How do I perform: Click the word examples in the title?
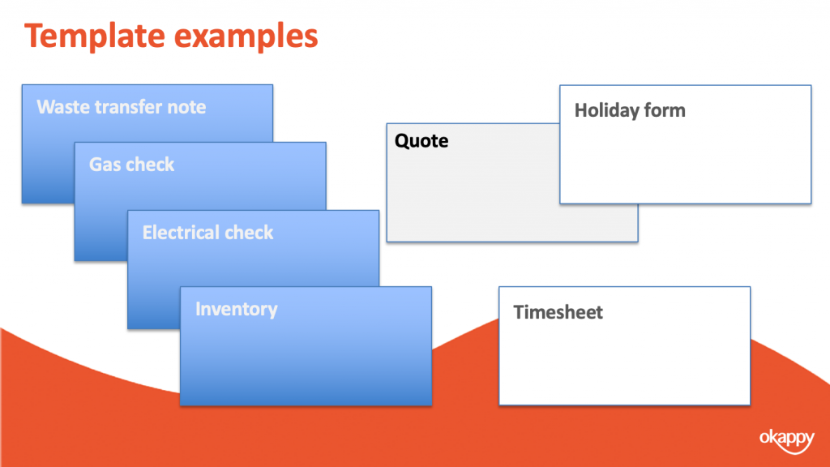(246, 37)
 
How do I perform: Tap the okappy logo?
(786, 440)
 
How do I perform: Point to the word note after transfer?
(186, 108)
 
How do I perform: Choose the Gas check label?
(131, 165)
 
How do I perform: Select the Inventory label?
(236, 309)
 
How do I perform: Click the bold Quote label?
(421, 141)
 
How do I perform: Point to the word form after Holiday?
(665, 110)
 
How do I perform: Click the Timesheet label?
(558, 312)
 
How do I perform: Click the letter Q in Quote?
(403, 141)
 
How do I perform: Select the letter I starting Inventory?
(198, 309)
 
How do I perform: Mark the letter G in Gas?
(96, 165)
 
